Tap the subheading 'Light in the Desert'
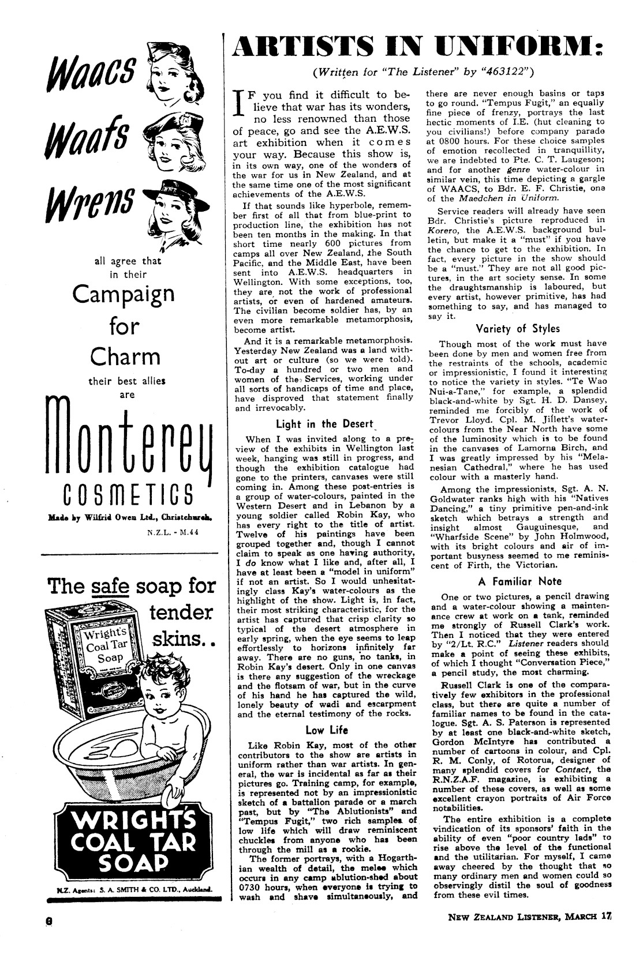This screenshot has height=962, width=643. (325, 424)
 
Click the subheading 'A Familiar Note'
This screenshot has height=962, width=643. (520, 581)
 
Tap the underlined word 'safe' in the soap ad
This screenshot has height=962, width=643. (113, 587)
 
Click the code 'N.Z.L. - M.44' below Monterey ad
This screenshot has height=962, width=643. (174, 532)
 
